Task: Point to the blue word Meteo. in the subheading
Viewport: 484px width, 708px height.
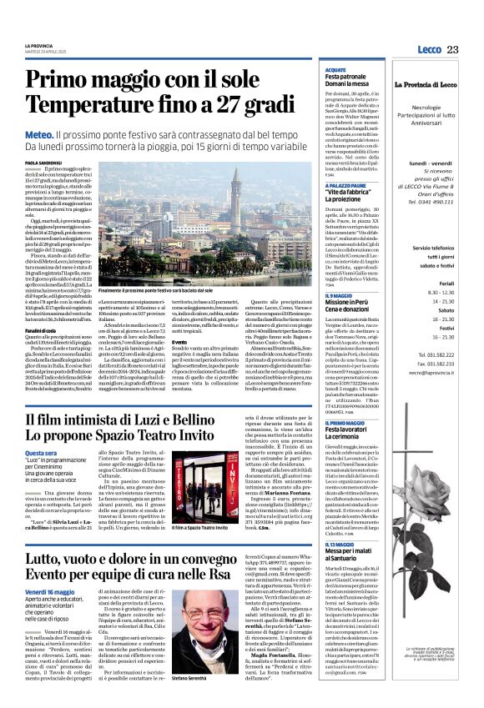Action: click(x=39, y=134)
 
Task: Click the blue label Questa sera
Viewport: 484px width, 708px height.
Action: click(x=41, y=453)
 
